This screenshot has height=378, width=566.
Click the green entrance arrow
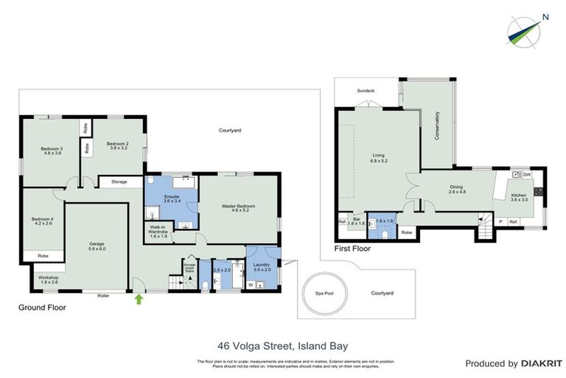(x=139, y=298)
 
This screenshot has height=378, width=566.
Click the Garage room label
(x=97, y=245)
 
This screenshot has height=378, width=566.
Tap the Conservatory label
(x=438, y=127)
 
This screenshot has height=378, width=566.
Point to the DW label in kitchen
(x=526, y=175)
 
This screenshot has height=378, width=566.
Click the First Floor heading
(x=353, y=249)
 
